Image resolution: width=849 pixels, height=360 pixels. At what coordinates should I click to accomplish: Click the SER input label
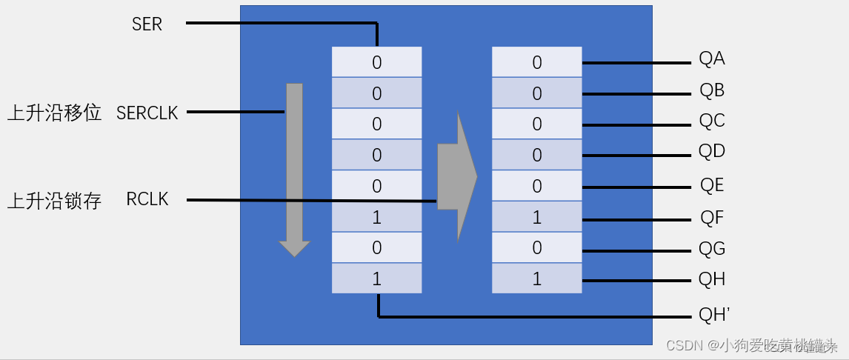[147, 24]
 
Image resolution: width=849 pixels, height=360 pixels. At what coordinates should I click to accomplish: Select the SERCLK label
[147, 113]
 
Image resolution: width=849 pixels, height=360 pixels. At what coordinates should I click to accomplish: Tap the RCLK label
[147, 199]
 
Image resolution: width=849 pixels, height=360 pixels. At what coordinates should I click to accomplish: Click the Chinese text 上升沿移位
[54, 113]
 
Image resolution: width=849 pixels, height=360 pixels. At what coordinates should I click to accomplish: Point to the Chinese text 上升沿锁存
[54, 201]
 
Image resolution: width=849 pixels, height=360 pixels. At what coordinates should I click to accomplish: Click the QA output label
[711, 59]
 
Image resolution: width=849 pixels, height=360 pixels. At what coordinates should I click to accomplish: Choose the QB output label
[711, 91]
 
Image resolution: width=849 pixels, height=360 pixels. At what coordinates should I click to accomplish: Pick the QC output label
[711, 121]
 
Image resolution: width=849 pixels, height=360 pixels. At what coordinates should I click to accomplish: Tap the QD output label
[711, 152]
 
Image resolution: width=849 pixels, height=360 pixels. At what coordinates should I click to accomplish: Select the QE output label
[711, 185]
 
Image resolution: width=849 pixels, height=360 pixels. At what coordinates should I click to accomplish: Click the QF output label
[711, 218]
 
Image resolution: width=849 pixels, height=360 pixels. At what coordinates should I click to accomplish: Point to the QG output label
[711, 248]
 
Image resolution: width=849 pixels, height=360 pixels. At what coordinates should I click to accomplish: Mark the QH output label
[711, 279]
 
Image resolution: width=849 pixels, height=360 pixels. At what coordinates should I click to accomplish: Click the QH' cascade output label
[714, 316]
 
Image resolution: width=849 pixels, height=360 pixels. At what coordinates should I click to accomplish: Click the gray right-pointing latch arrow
[457, 176]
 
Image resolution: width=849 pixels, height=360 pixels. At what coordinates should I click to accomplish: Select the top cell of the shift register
[376, 62]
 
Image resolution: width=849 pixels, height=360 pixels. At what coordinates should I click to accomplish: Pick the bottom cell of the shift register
[376, 279]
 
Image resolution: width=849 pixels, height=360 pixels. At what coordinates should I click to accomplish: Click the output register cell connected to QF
[537, 217]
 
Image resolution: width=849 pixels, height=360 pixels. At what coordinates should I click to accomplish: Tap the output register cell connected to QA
[537, 62]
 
